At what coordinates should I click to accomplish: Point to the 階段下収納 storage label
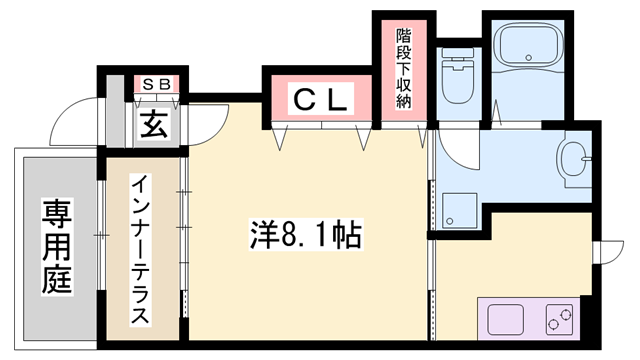(x=403, y=71)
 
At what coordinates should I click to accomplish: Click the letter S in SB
(x=146, y=85)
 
